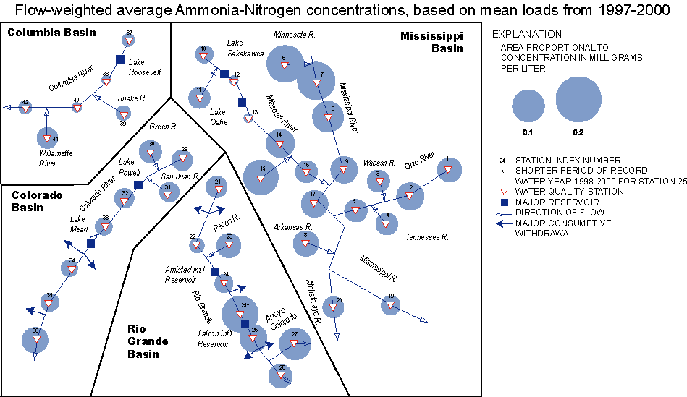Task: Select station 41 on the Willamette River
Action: [47, 138]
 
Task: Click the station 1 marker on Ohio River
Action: [447, 169]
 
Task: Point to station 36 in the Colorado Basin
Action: [35, 338]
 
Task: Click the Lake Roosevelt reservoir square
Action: [121, 59]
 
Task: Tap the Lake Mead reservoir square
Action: [91, 244]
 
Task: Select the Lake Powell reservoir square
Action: [138, 185]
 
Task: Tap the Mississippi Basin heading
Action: [432, 42]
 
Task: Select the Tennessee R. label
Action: [427, 237]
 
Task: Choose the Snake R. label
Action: [132, 98]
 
